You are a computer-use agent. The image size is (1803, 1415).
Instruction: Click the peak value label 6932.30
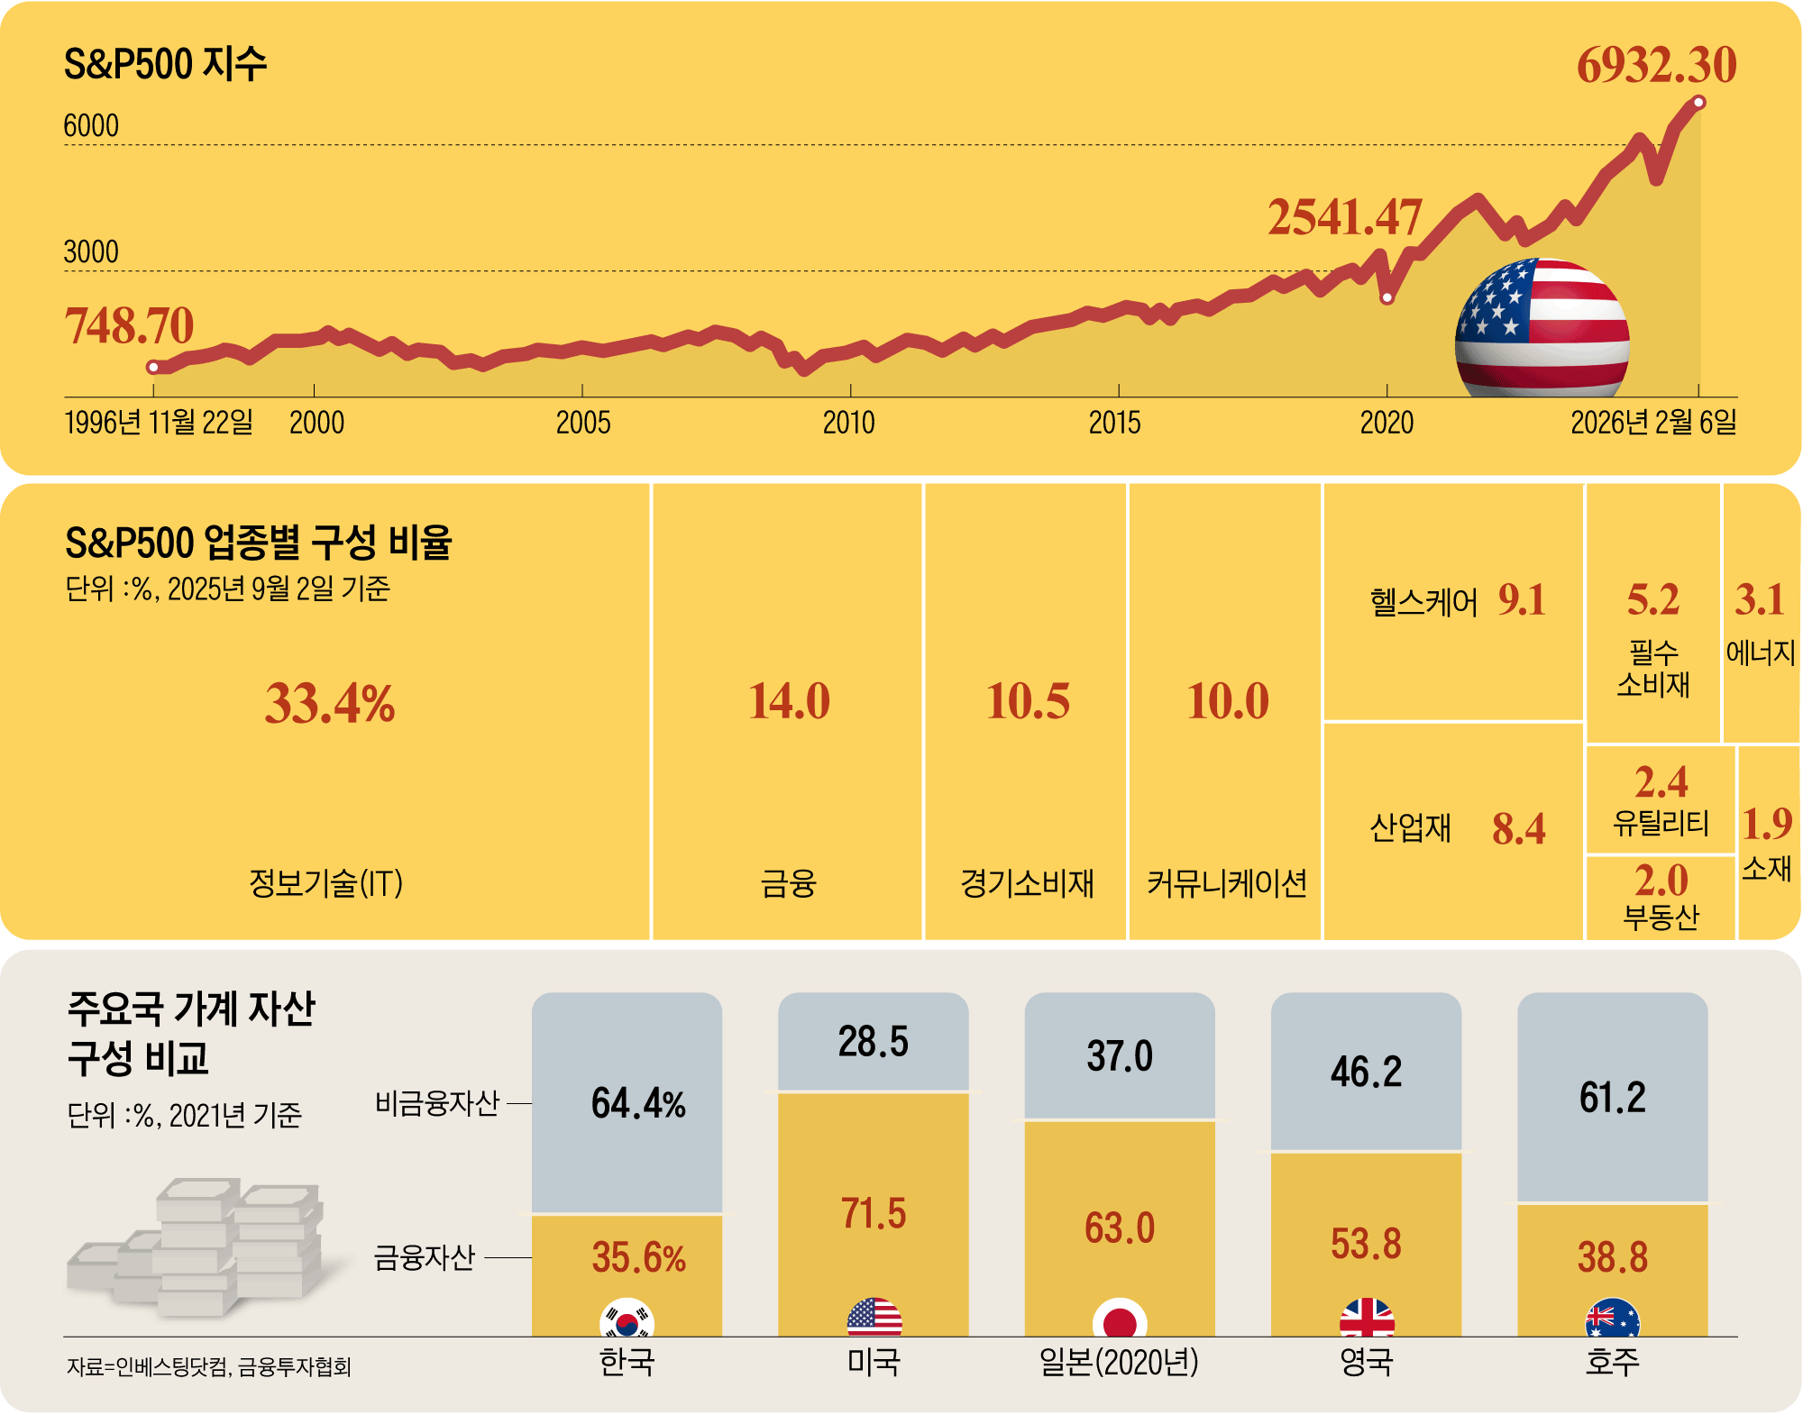1656,65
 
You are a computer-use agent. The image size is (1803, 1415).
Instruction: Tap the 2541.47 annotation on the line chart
1344,218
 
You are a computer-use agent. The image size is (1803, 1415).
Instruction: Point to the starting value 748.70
129,325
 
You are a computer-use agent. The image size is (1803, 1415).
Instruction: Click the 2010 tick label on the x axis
848,422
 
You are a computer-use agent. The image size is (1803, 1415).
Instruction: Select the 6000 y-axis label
91,126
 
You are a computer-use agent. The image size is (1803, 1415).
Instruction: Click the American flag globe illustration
1542,329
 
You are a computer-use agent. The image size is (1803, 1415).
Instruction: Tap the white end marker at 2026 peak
1698,103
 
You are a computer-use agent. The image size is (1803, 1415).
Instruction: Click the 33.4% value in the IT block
329,704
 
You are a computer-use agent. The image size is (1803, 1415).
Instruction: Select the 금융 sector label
788,883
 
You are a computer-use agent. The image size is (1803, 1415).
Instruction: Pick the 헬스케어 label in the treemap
1423,602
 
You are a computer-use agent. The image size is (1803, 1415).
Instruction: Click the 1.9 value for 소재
1766,824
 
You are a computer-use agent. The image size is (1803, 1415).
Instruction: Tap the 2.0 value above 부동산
1661,881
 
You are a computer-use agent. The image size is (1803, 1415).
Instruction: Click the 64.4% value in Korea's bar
638,1103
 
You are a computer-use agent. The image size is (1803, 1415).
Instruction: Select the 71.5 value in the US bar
873,1213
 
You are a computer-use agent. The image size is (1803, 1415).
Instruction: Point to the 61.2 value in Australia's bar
1612,1098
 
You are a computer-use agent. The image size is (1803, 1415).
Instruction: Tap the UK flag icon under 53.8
1367,1319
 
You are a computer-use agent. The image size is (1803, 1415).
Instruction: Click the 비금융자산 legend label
436,1103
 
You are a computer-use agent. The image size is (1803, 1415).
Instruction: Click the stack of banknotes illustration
198,1248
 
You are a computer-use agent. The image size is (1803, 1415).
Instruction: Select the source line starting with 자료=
208,1367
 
